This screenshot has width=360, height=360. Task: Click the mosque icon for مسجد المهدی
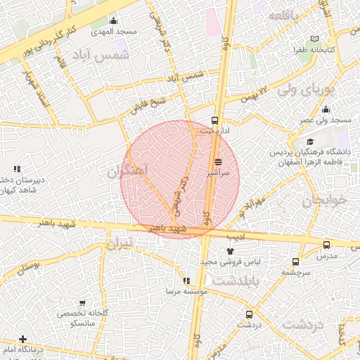[x=114, y=21]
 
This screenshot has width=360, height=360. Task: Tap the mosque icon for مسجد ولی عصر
[x=326, y=110]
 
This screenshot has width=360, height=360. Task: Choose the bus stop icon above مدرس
[x=326, y=245]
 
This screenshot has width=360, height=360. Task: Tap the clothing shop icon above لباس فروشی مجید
[x=229, y=250]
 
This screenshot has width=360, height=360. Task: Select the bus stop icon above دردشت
[x=248, y=314]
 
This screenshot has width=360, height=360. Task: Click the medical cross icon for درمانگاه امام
[x=22, y=339]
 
